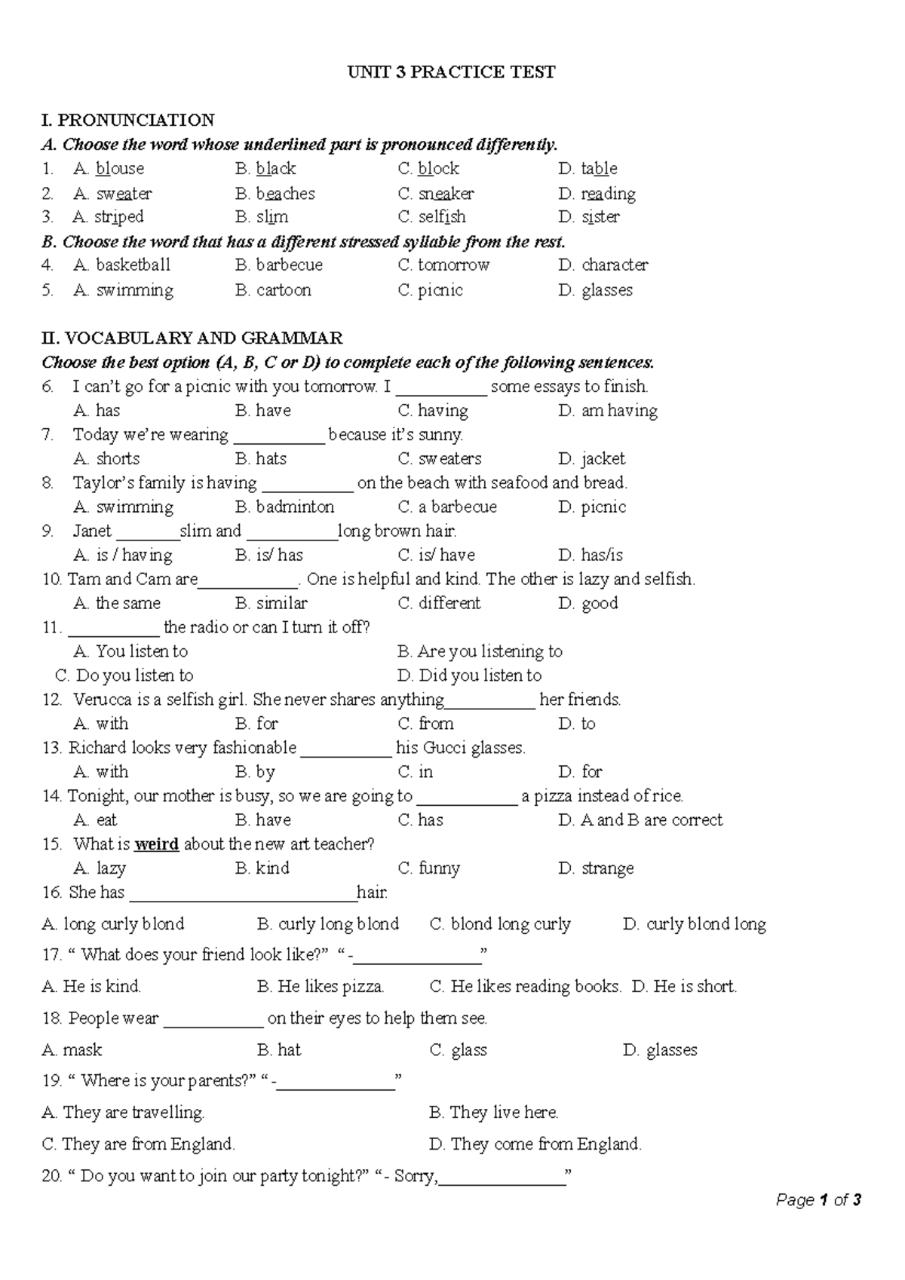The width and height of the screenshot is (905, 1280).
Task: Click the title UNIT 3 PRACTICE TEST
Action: [451, 72]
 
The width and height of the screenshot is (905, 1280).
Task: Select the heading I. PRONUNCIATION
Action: [128, 120]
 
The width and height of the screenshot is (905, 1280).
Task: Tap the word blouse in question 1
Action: [119, 168]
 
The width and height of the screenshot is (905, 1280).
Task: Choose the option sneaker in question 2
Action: [446, 193]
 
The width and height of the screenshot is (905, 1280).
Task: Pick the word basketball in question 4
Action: [133, 265]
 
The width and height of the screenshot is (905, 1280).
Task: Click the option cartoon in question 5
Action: [283, 290]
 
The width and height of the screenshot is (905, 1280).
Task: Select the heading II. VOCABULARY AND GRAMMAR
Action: [192, 338]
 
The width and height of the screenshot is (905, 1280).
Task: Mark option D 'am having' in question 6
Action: [618, 411]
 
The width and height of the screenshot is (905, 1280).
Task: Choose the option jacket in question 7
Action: [603, 458]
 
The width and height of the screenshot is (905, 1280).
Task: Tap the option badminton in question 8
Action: [294, 507]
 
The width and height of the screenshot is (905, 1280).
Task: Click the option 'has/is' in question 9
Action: [601, 556]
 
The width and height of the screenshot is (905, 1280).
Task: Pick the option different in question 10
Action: [449, 603]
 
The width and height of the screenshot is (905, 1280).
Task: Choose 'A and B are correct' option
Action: [651, 820]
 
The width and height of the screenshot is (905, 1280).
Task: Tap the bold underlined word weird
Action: [156, 844]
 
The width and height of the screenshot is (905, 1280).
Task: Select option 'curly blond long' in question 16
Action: [705, 924]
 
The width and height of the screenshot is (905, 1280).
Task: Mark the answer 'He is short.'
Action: [694, 987]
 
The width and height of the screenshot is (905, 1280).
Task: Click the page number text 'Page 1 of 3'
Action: [818, 1200]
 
